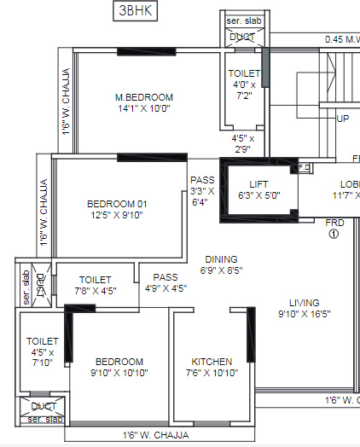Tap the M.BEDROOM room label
[144, 96]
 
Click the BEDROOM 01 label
[118, 204]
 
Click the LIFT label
[258, 183]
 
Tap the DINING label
[220, 259]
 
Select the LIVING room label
[304, 302]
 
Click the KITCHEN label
[212, 362]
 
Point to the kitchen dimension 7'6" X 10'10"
[212, 373]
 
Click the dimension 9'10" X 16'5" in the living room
[304, 314]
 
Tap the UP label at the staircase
[343, 119]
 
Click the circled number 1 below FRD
[334, 234]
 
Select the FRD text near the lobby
[334, 223]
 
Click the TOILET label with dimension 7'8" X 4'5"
[95, 279]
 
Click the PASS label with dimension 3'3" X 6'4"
[202, 180]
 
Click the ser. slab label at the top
[244, 20]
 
